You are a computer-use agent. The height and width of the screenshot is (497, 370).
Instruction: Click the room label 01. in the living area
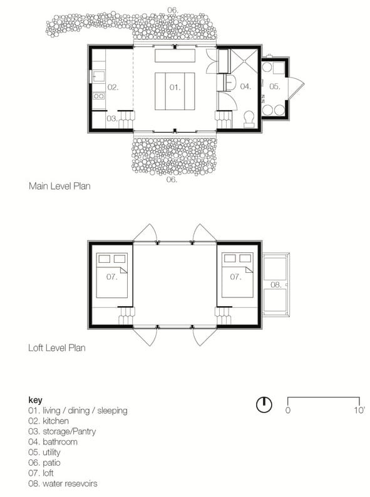(175, 87)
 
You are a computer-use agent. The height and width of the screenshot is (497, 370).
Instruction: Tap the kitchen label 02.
(113, 87)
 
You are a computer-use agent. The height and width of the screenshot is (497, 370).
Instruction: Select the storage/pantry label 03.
(111, 118)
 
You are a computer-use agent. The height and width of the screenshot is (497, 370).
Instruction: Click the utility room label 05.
(275, 86)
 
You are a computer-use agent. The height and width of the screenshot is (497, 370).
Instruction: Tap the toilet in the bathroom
(249, 118)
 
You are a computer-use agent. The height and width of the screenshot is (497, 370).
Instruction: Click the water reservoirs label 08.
(275, 284)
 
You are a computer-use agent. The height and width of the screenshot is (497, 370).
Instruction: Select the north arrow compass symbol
(264, 405)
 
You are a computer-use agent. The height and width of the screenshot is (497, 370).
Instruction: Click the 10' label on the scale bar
(359, 411)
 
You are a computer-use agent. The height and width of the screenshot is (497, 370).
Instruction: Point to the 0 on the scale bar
(287, 411)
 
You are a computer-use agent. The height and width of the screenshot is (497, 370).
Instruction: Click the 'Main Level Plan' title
(59, 186)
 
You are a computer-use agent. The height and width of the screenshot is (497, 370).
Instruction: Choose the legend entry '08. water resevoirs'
(63, 483)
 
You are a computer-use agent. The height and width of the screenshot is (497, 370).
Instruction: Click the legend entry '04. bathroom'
(53, 442)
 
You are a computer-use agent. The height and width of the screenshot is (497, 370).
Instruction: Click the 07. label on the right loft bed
(235, 276)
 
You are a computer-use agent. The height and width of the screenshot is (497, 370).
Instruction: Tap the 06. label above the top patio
(172, 9)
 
